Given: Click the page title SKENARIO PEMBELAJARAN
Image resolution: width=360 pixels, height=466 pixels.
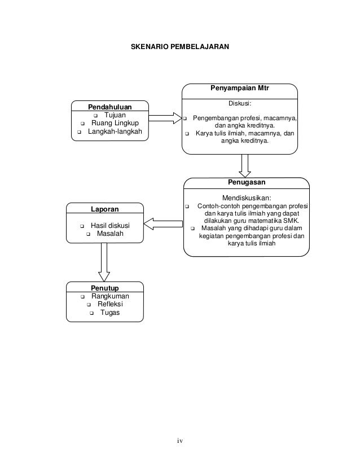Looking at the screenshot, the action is point(180,47).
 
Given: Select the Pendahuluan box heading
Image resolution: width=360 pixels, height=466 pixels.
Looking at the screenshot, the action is point(109,107).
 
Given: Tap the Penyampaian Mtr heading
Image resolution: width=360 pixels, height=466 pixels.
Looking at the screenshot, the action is point(240,88).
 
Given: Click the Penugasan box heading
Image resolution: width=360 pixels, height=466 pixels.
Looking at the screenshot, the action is point(247,182).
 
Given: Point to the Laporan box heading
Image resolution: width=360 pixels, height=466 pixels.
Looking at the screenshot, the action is point(104,209).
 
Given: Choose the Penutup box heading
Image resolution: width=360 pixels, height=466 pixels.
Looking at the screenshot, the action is point(104,288).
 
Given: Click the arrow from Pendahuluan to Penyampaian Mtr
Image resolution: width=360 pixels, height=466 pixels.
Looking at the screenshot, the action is point(165,118).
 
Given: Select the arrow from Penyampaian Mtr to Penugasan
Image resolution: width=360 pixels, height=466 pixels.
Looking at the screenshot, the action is point(245,166).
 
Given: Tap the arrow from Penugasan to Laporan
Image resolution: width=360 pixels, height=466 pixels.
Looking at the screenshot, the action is point(163,224).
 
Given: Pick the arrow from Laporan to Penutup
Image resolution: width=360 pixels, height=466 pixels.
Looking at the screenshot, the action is point(104,262).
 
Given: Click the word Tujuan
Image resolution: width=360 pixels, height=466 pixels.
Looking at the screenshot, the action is point(115,115).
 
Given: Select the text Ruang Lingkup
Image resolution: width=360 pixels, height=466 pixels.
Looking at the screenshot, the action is point(115,123).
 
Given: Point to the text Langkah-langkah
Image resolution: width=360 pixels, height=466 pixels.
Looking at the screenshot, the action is point(115,131).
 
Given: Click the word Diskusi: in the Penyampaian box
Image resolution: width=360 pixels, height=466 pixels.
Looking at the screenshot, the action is point(240,103).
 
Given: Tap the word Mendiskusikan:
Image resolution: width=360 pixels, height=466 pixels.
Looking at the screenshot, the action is point(247,198).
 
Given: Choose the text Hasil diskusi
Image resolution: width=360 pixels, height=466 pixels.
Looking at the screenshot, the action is point(110,226).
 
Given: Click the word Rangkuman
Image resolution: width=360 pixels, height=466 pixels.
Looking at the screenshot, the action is point(110,296).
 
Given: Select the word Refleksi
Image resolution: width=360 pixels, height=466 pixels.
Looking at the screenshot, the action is point(110,304).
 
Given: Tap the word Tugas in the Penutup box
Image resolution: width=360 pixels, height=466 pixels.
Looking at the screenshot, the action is point(110,313).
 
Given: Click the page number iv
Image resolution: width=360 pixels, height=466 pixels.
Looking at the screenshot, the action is point(180,441).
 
